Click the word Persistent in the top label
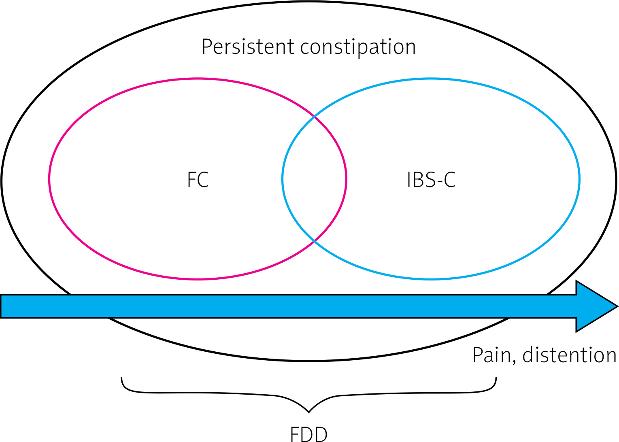coord(248,47)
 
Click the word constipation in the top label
coord(358,47)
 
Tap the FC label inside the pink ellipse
coord(198,180)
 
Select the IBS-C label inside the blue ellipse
coord(431,180)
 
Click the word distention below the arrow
coord(569,355)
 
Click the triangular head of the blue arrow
coord(595,306)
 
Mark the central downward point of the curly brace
coord(309,412)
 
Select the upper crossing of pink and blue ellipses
coord(315,117)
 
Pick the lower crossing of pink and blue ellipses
coord(315,241)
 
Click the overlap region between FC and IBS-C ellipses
coord(315,179)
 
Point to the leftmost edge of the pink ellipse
coord(49,179)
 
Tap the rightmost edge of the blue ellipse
coord(579,179)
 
